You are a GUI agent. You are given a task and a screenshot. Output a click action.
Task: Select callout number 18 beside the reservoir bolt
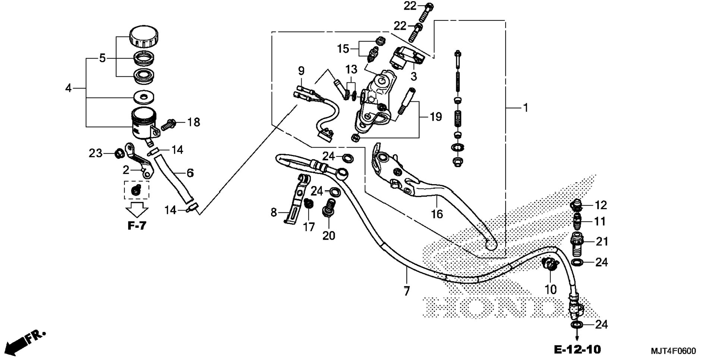pos(193,122)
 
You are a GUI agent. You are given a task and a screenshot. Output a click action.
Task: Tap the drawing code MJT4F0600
pos(673,351)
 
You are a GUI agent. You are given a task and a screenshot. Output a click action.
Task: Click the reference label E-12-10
pos(577,350)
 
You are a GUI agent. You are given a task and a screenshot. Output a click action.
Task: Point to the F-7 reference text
pos(137,226)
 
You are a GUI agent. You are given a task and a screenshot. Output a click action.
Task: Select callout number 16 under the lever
pos(437,214)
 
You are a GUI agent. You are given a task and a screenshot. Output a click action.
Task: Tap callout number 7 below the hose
pos(407,291)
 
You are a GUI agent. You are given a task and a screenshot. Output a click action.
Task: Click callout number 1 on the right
pos(525,108)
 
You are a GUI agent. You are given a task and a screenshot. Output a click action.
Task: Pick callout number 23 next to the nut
pos(95,153)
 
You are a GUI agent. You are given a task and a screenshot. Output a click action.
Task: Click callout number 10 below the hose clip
pos(550,289)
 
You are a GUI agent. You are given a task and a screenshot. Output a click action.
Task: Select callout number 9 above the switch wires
pos(301,71)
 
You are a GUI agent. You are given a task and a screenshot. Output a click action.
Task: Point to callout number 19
pos(435,117)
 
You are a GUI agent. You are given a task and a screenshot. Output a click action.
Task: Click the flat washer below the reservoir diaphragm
pos(144,98)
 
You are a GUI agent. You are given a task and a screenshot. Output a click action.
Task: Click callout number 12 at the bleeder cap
pos(601,205)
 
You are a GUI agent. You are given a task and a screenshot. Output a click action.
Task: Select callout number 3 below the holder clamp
pos(413,77)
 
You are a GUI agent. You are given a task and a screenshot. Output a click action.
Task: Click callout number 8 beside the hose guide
pos(274,212)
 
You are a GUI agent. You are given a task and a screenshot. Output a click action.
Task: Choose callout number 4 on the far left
pos(68,88)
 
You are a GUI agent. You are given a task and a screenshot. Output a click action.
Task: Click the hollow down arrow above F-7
pos(137,210)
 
